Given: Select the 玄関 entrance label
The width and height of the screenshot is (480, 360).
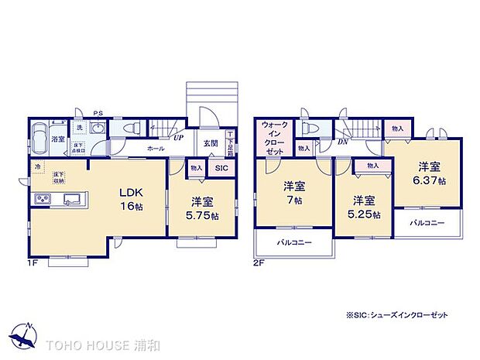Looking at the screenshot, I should (x=211, y=143).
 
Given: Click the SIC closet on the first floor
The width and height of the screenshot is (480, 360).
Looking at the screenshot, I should (x=221, y=168).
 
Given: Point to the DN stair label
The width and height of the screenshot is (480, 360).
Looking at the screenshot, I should (x=342, y=142).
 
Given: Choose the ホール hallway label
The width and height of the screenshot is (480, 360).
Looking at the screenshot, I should (x=154, y=148).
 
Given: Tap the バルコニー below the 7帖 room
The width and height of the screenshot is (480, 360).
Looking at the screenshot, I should (x=293, y=243).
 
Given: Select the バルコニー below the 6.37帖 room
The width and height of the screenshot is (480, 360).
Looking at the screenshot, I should (x=428, y=222).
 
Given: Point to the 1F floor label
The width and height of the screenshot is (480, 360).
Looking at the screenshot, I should (x=33, y=263).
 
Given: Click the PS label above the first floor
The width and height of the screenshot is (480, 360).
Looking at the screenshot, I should (x=98, y=113).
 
